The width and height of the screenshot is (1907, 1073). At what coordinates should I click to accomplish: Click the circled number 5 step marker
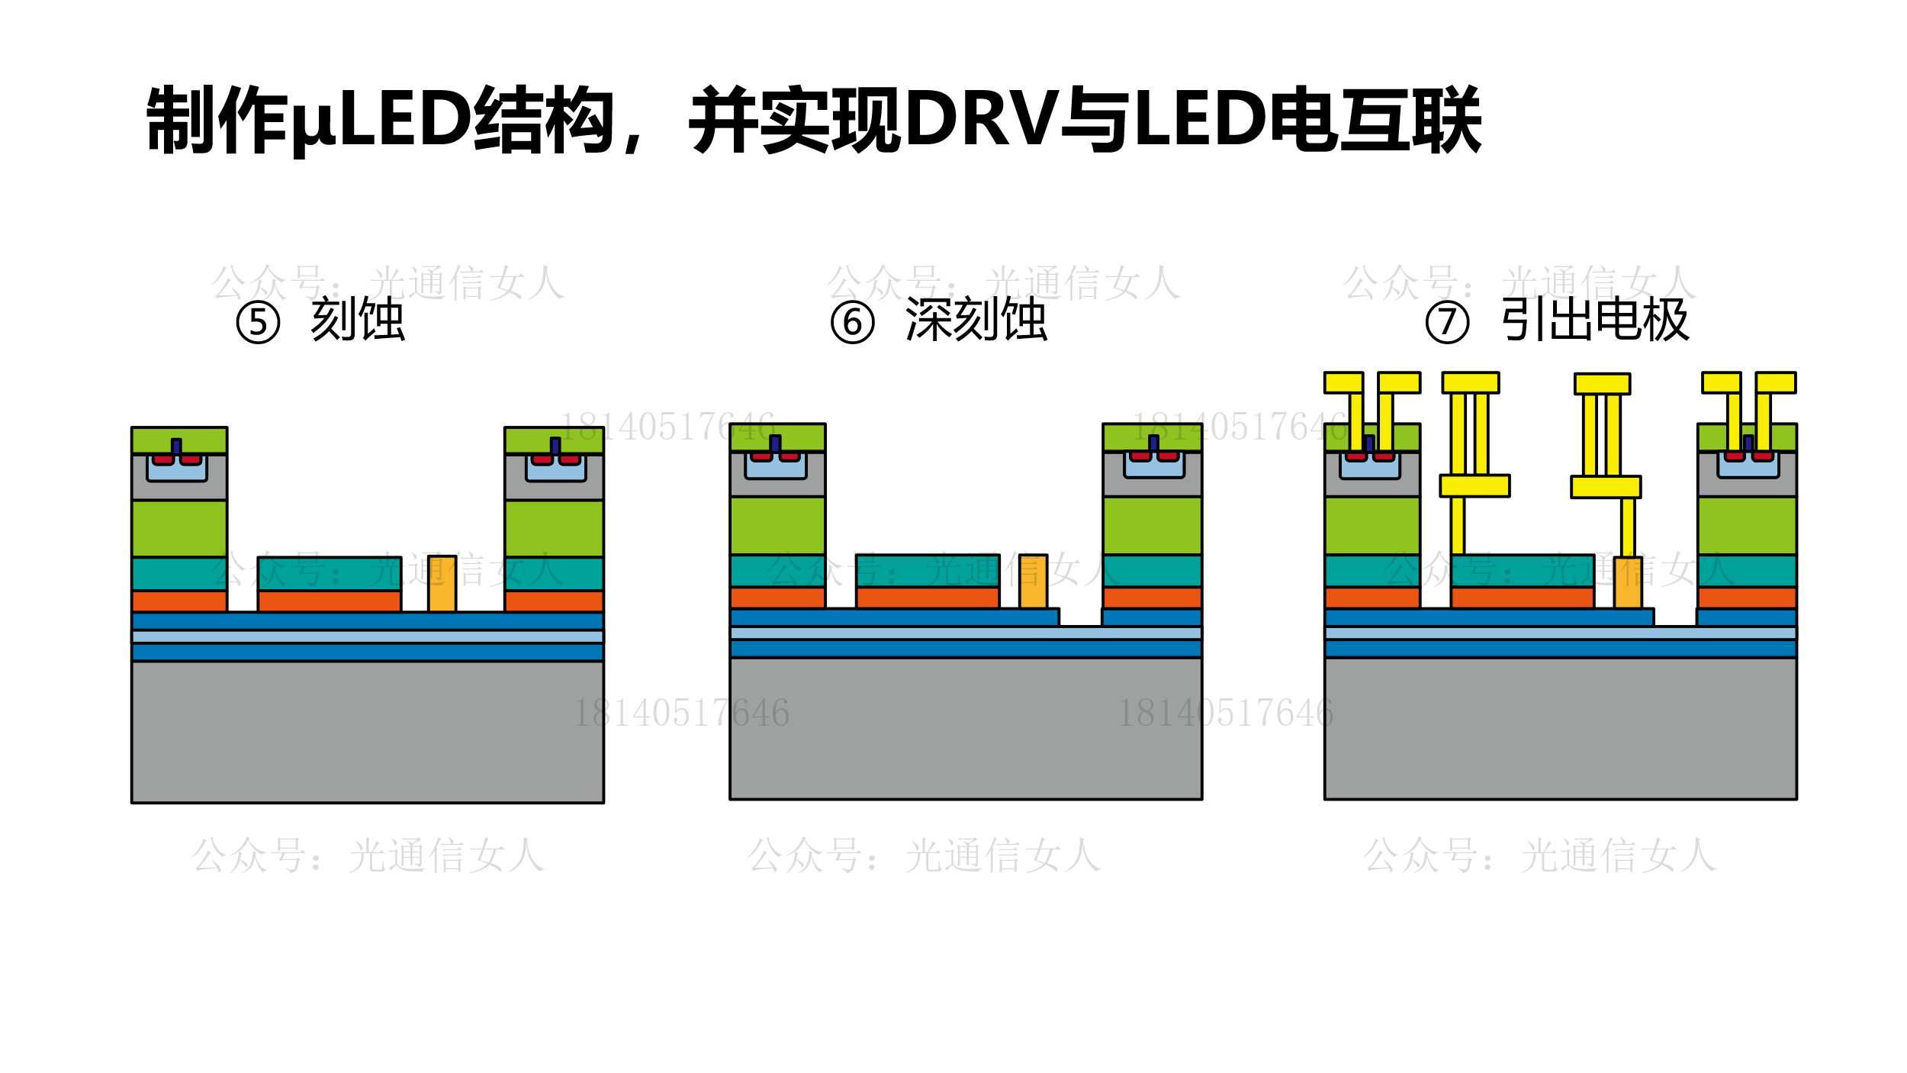258,323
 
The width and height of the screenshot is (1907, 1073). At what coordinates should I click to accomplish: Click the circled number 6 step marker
852,323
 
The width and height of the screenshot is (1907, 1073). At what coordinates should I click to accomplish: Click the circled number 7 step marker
1447,323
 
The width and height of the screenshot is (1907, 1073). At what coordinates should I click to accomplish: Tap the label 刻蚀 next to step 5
357,319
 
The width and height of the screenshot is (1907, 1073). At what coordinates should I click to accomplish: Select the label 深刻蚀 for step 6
976,319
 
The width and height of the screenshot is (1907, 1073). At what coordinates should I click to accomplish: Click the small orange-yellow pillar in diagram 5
442,584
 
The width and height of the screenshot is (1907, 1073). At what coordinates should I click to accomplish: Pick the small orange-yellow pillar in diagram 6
1033,582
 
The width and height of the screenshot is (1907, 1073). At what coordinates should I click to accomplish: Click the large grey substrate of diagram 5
367,731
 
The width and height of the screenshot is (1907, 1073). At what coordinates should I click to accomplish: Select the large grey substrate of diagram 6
966,728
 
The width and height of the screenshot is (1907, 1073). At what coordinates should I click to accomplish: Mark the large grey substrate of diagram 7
1561,728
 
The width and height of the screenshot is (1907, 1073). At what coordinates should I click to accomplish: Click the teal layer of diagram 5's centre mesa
329,573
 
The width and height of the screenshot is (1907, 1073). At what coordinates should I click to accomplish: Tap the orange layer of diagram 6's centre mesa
927,598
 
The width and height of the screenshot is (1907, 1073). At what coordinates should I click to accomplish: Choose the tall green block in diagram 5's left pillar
179,528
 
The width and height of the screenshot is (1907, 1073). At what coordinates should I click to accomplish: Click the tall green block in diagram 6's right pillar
1152,525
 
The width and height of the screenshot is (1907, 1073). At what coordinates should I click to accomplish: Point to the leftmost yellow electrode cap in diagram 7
1343,382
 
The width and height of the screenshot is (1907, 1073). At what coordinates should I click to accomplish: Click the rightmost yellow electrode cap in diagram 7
1776,382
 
